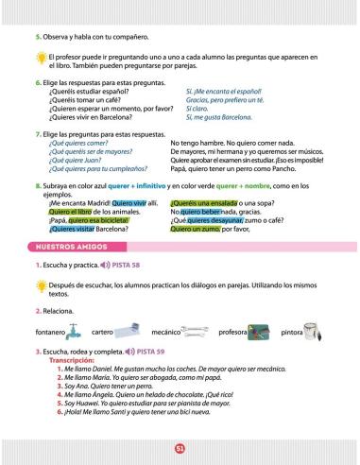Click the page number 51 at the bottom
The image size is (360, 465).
[180, 449]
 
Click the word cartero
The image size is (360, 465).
[103, 334]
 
